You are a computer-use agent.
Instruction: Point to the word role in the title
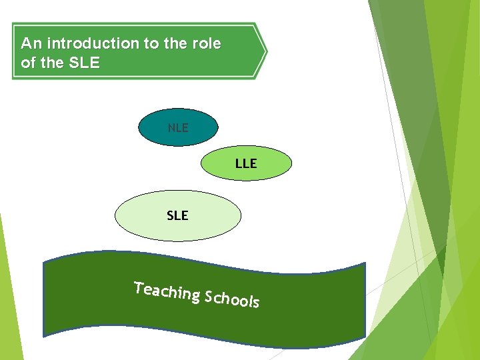click(x=205, y=44)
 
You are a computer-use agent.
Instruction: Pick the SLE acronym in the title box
click(x=84, y=63)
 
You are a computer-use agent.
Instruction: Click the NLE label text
click(x=178, y=127)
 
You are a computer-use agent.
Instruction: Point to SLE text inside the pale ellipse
click(x=177, y=215)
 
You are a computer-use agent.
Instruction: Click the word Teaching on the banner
click(x=167, y=291)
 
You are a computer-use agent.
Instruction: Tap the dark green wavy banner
click(x=200, y=320)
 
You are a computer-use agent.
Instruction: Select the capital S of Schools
click(x=209, y=296)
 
